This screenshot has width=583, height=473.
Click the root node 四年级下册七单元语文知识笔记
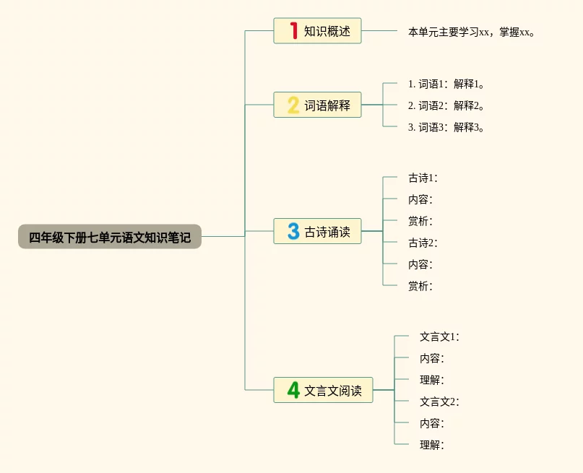tap(110, 237)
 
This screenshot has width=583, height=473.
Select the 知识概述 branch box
tap(317, 31)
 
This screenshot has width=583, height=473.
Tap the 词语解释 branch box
tap(317, 105)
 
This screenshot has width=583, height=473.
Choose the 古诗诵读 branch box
tap(317, 231)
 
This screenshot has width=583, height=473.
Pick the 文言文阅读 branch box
tap(323, 391)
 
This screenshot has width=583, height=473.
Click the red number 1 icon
tap(293, 30)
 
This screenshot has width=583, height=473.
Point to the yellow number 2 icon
tap(293, 105)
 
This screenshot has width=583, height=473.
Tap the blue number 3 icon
tap(293, 231)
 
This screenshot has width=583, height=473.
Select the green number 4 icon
tap(293, 390)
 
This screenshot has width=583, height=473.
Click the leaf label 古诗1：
tap(423, 178)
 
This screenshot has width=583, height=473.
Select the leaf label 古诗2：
tap(423, 243)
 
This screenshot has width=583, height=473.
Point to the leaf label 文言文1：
tap(439, 337)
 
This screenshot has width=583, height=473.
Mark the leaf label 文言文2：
tap(439, 402)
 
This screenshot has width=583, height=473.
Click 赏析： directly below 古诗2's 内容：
tap(420, 286)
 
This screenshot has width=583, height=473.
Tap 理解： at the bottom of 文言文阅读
tap(432, 445)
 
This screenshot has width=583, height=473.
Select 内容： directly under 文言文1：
tap(432, 358)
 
